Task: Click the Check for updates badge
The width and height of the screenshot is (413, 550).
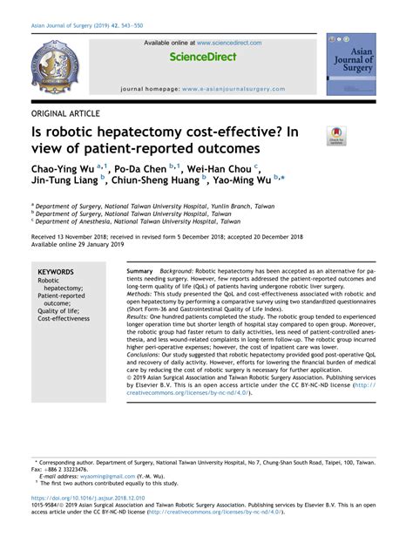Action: pos(336,135)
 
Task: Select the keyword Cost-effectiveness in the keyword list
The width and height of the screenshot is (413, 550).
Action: pos(64,319)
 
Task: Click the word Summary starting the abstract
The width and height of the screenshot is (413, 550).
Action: pos(139,272)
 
